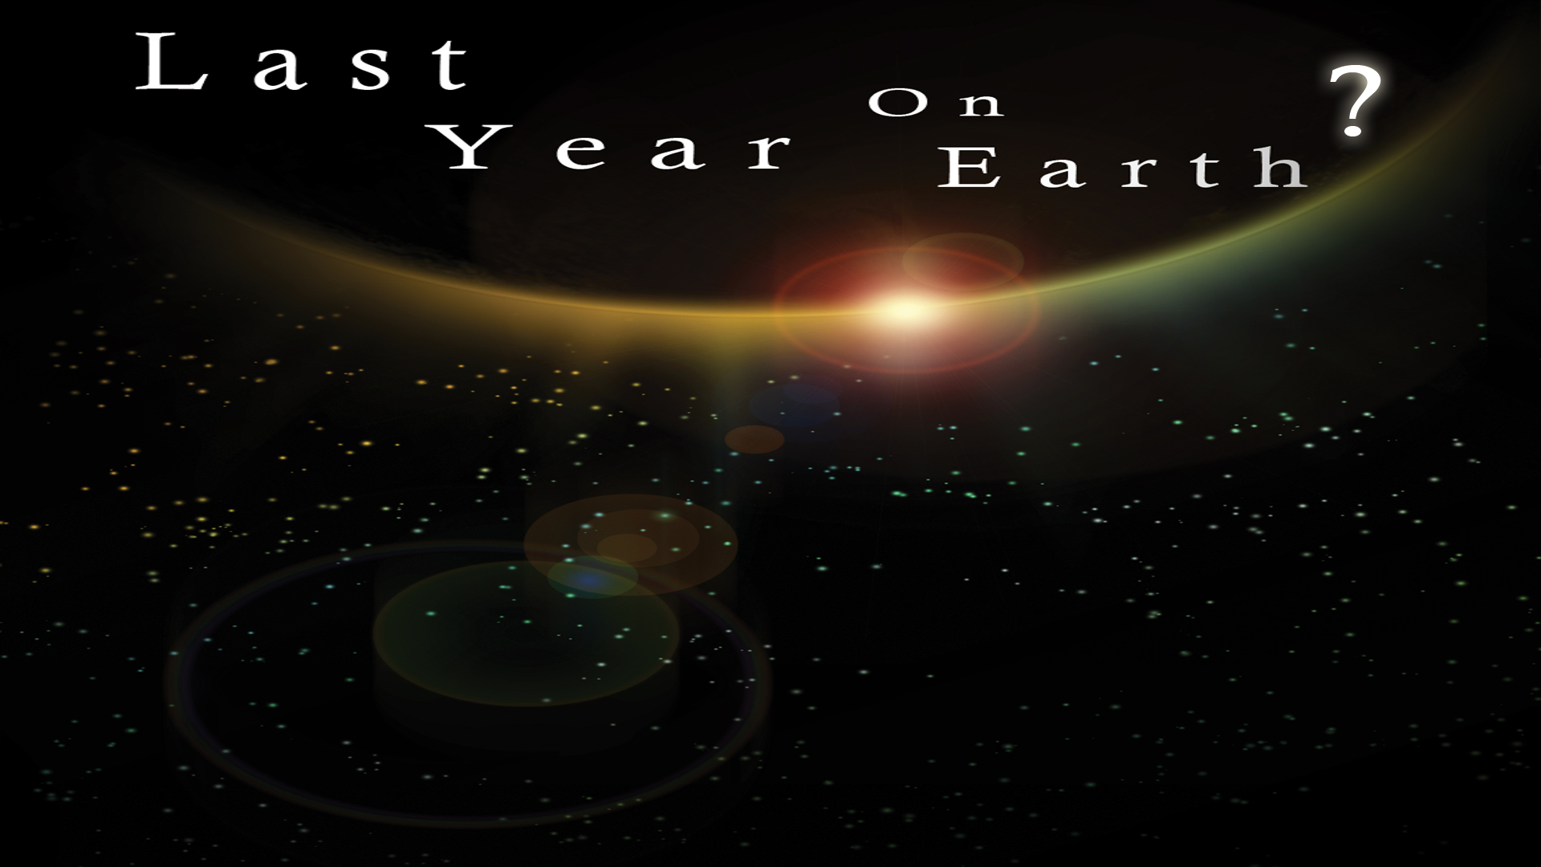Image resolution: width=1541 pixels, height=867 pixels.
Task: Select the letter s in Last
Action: click(372, 71)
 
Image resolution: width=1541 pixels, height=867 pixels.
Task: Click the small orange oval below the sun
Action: click(754, 439)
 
